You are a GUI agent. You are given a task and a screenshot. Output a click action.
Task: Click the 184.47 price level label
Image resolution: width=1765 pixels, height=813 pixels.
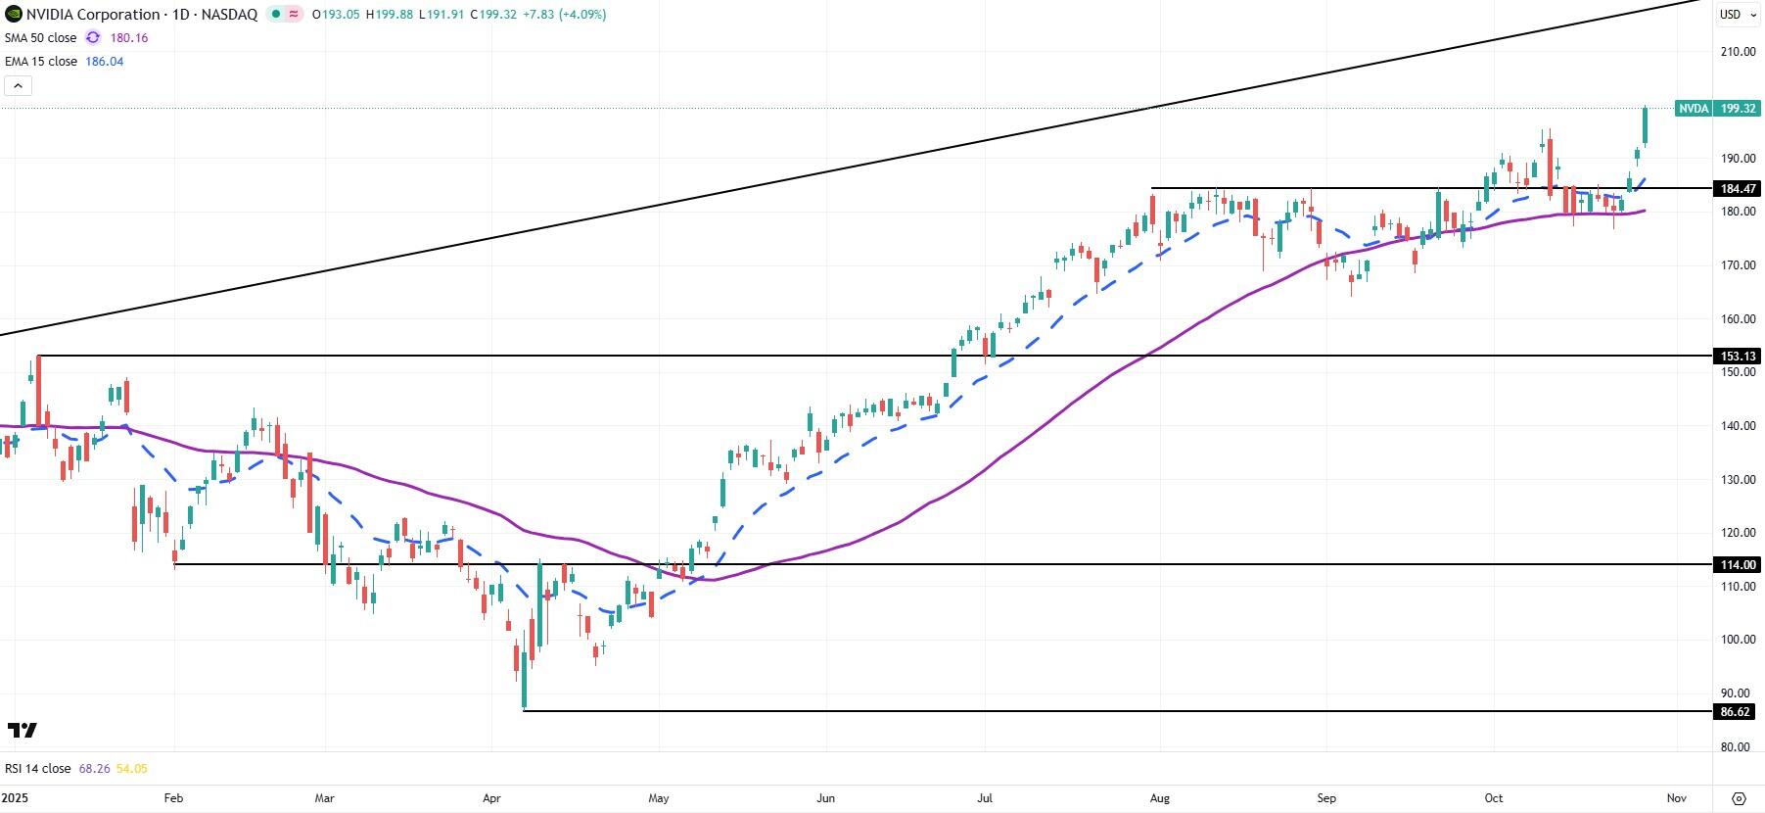[x=1738, y=189]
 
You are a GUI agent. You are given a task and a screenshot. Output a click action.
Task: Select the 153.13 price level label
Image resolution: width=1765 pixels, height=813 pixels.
[x=1738, y=357]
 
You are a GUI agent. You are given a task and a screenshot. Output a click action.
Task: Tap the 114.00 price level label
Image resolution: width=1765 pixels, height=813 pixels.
[x=1738, y=565]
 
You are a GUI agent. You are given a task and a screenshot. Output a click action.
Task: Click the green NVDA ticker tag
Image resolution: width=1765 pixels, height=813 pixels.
[x=1694, y=109]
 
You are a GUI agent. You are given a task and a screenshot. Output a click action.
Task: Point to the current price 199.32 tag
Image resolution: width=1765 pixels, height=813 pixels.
[x=1738, y=109]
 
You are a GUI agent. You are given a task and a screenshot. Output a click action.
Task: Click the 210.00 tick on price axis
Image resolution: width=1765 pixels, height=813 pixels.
[x=1738, y=52]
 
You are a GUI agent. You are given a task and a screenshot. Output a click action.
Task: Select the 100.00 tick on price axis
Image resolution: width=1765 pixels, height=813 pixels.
[x=1738, y=640]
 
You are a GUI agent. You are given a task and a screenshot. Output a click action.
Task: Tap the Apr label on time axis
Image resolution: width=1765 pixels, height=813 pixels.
[x=491, y=798]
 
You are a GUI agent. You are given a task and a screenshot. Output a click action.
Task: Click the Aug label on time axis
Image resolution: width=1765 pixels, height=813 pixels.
[x=1159, y=798]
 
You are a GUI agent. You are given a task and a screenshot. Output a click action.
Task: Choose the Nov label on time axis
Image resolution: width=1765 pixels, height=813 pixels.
[x=1676, y=798]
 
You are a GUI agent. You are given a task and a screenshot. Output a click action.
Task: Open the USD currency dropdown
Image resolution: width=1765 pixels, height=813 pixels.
[x=1736, y=14]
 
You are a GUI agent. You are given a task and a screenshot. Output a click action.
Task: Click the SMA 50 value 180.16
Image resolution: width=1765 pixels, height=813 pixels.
[x=129, y=37]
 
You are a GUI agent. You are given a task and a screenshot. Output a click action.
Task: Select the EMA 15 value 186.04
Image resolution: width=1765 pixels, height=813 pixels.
[x=105, y=61]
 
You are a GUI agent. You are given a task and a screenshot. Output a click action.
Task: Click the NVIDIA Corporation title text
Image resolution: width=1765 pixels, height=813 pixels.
[x=93, y=15]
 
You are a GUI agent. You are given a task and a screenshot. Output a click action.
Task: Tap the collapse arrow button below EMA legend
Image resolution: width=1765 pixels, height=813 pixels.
[x=18, y=85]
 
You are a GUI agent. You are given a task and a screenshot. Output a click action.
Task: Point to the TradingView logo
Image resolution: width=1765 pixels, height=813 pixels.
[x=23, y=730]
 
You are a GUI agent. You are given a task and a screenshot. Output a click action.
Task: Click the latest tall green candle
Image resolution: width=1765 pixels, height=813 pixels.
[x=1646, y=125]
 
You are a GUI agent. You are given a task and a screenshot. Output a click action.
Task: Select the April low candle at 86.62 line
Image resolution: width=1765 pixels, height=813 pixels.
[x=525, y=686]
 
